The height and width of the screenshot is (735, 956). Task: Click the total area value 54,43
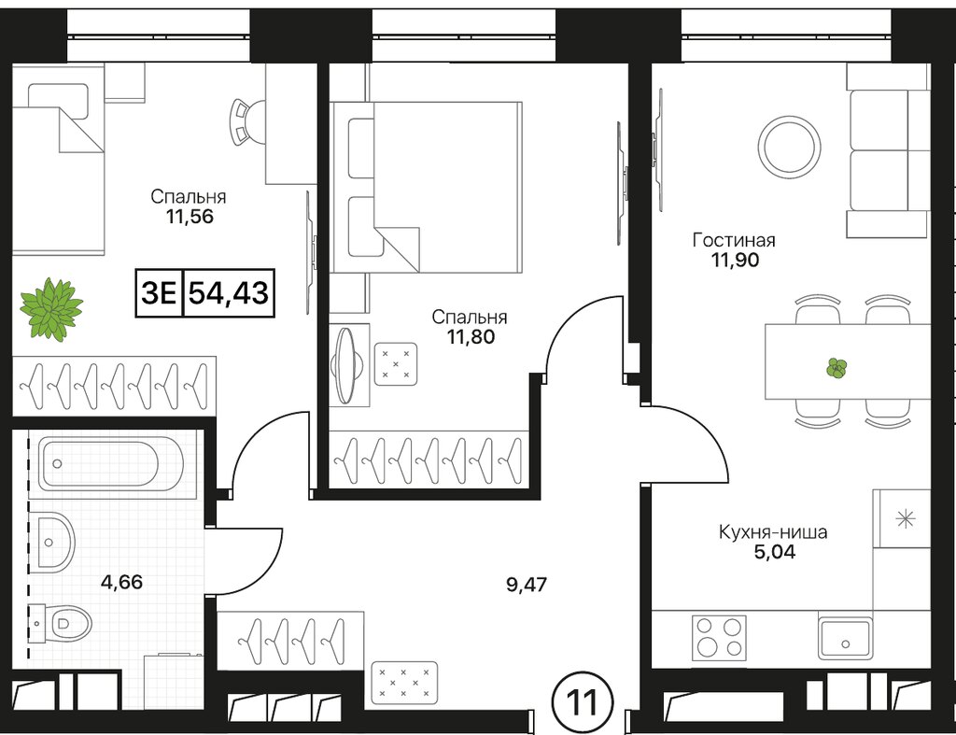click(x=229, y=292)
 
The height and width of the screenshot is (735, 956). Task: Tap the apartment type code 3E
click(x=159, y=292)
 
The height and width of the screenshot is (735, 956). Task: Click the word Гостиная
click(x=734, y=240)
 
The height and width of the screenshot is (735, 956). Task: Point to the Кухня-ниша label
click(x=773, y=532)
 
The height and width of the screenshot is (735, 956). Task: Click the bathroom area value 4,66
click(x=122, y=582)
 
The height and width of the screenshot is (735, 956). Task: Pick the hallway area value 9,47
click(x=527, y=585)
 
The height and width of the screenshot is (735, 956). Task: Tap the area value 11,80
click(x=471, y=336)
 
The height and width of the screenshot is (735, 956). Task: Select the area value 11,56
click(x=189, y=216)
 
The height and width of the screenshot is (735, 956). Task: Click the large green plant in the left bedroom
click(x=51, y=307)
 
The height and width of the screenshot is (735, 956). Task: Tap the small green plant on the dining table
click(x=836, y=368)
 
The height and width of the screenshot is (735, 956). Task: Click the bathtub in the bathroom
click(x=111, y=464)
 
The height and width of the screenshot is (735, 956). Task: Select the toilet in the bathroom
click(x=60, y=623)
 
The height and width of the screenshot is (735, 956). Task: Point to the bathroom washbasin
click(x=56, y=540)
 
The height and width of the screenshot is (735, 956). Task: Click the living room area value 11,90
click(x=735, y=261)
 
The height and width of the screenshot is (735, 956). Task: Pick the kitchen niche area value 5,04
click(x=774, y=552)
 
